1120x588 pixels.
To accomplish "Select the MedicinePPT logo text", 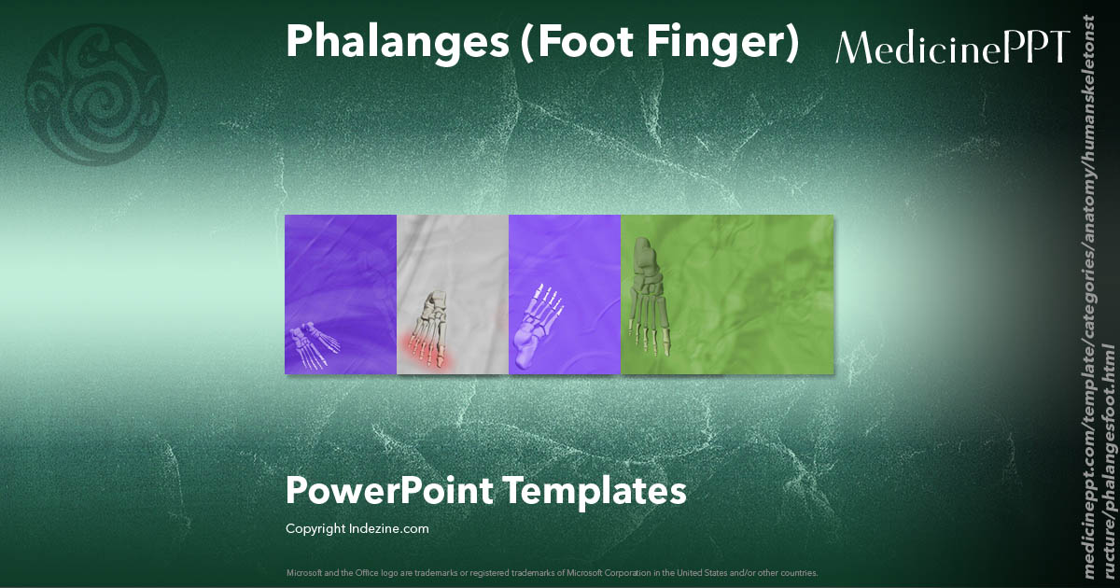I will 952,47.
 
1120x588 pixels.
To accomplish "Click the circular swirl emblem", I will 96,95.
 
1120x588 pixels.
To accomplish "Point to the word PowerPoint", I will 388,490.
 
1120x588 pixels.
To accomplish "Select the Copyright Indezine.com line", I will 357,529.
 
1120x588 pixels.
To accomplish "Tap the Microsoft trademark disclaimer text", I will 552,572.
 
